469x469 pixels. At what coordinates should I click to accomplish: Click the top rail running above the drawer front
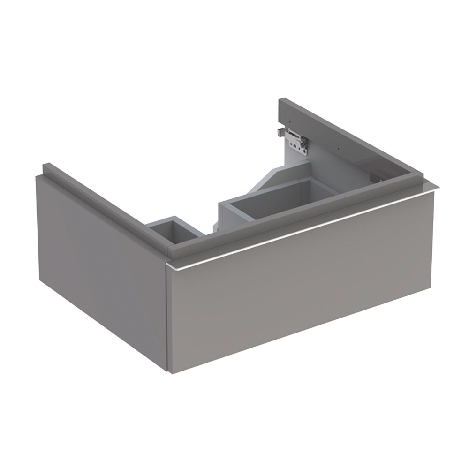point(300,211)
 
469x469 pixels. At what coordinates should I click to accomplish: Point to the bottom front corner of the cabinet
point(168,373)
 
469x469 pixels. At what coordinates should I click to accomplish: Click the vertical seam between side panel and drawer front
point(166,319)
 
